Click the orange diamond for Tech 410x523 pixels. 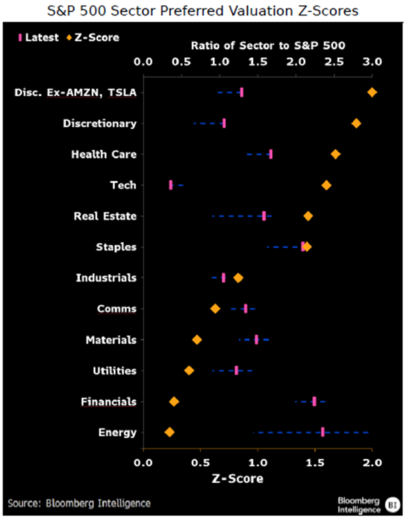click(326, 185)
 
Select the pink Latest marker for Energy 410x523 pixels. click(322, 432)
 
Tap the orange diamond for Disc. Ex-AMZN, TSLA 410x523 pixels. click(372, 93)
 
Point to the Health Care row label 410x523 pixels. click(104, 154)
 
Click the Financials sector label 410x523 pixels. click(109, 402)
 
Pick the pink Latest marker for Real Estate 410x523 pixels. click(264, 216)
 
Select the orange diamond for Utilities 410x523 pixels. click(189, 371)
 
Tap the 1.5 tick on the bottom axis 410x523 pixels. click(315, 461)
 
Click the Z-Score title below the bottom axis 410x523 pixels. click(237, 479)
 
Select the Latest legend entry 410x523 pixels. click(37, 37)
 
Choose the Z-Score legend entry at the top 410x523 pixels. click(93, 37)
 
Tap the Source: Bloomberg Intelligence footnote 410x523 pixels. click(79, 503)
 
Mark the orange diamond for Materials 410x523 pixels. click(197, 340)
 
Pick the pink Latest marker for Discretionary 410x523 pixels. click(224, 123)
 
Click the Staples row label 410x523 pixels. click(116, 247)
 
